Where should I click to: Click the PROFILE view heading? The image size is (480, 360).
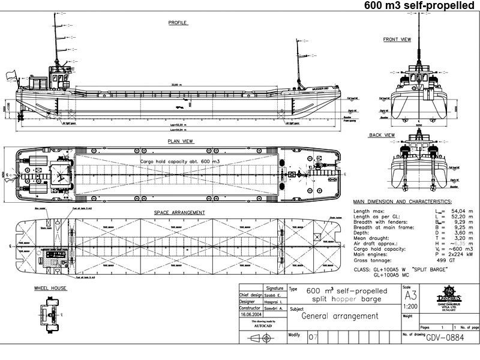point(178,23)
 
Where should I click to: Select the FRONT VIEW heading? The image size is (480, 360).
point(397,40)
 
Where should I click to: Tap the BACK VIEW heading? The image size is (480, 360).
point(382,135)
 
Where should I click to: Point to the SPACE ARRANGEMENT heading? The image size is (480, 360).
point(179,212)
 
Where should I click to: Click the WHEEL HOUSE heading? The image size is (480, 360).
point(50,288)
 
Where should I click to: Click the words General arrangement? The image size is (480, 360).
point(340,316)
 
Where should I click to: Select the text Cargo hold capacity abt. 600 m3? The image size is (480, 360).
point(180,162)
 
